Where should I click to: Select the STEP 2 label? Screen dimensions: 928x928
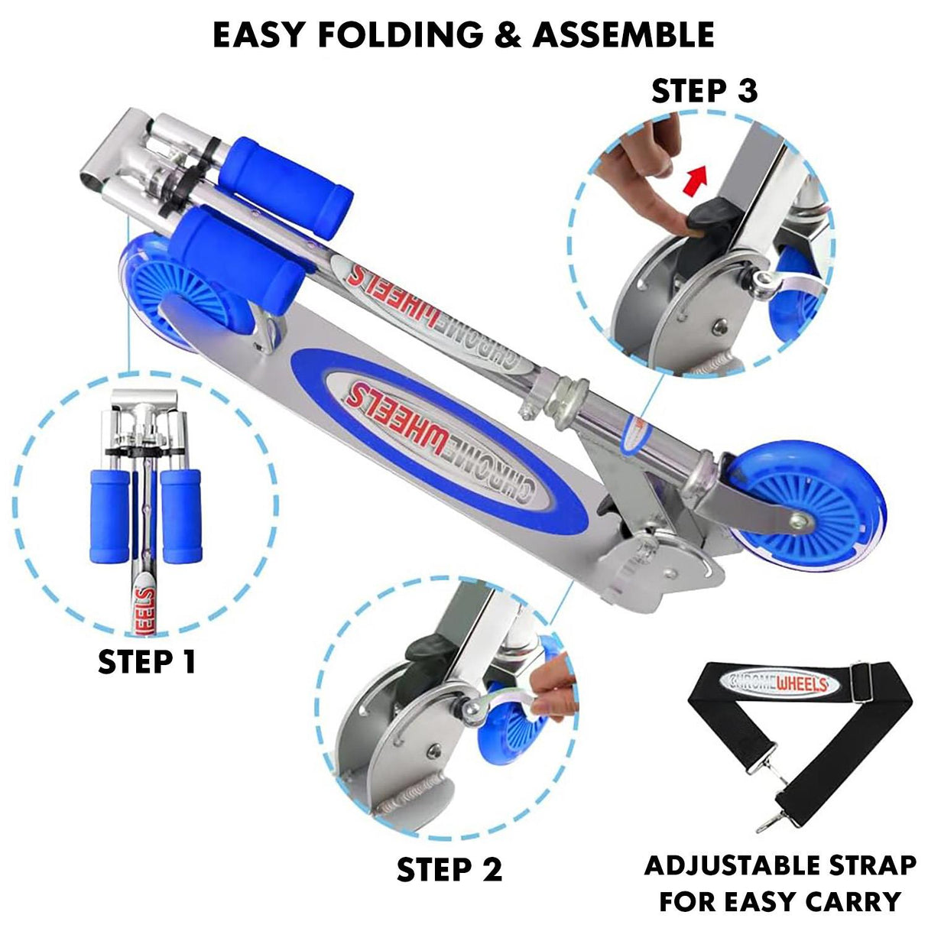click(449, 869)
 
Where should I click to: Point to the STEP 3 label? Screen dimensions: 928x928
click(704, 91)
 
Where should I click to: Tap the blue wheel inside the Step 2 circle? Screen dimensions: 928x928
click(508, 722)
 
